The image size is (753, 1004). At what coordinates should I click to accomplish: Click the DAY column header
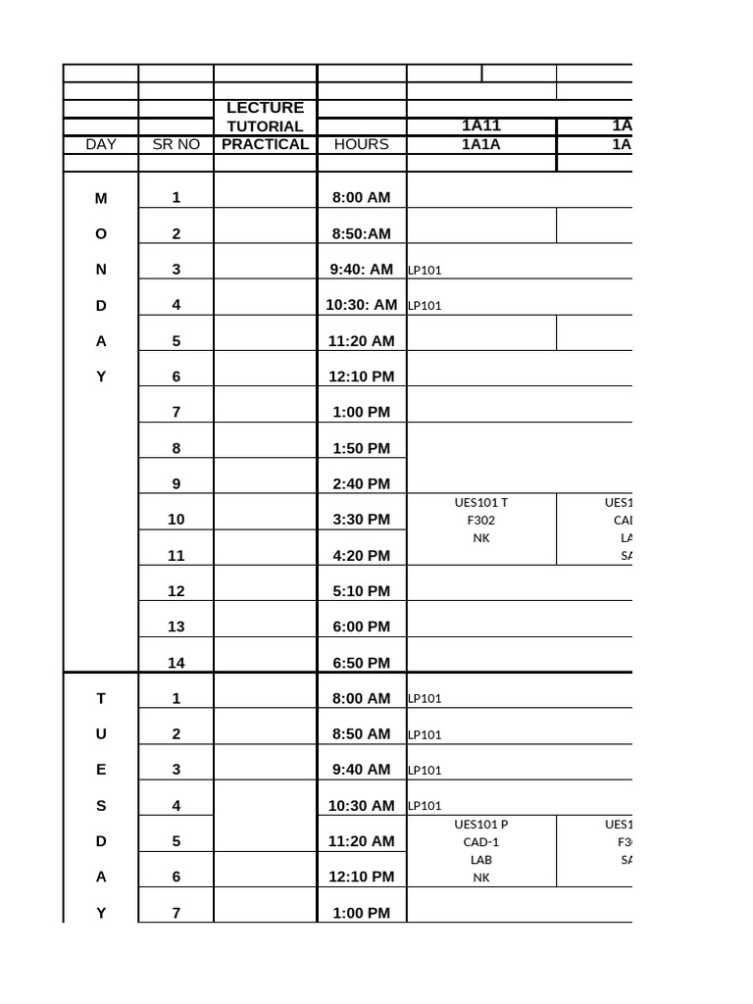pyautogui.click(x=101, y=144)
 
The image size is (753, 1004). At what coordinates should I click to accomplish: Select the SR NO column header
pyautogui.click(x=176, y=144)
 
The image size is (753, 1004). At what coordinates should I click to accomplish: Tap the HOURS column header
pyautogui.click(x=361, y=144)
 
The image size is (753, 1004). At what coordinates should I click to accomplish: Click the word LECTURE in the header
pyautogui.click(x=265, y=108)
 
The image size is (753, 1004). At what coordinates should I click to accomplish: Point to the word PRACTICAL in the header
pyautogui.click(x=265, y=144)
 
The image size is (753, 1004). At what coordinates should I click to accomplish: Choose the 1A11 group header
pyautogui.click(x=481, y=126)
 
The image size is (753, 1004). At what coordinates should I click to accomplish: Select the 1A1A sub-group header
pyautogui.click(x=481, y=144)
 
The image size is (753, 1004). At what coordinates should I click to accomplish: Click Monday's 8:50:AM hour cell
pyautogui.click(x=361, y=233)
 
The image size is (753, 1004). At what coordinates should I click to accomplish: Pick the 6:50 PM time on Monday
pyautogui.click(x=361, y=663)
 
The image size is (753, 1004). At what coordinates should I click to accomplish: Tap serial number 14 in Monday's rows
pyautogui.click(x=176, y=663)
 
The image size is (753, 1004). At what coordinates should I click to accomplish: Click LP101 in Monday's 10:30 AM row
pyautogui.click(x=425, y=305)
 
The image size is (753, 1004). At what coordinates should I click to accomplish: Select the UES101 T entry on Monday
pyautogui.click(x=481, y=503)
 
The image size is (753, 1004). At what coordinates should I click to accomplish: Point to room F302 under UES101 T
pyautogui.click(x=481, y=520)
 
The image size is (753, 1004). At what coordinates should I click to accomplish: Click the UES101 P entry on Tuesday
pyautogui.click(x=481, y=825)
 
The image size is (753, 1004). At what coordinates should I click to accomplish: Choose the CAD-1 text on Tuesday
pyautogui.click(x=481, y=841)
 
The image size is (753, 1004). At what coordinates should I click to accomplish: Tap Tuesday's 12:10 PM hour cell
pyautogui.click(x=361, y=877)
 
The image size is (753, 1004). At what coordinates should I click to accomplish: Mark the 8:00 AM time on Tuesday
pyautogui.click(x=361, y=698)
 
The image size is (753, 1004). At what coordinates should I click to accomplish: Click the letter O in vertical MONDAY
pyautogui.click(x=101, y=233)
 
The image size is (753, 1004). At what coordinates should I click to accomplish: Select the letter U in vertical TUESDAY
pyautogui.click(x=101, y=733)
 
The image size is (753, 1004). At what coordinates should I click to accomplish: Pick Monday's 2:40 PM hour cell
pyautogui.click(x=361, y=483)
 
